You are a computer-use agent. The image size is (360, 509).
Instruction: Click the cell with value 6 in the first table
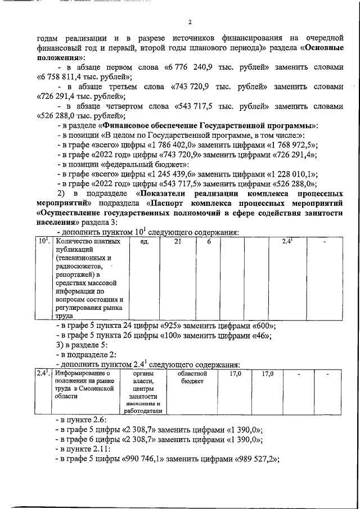coord(209,242)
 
